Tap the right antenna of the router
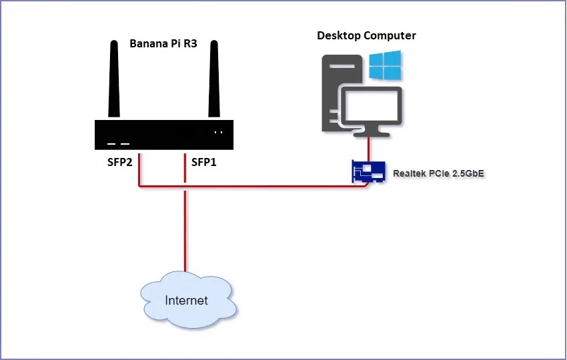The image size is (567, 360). click(214, 80)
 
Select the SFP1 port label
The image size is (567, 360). click(204, 162)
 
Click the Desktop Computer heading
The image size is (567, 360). click(366, 35)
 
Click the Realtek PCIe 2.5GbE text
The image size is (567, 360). click(438, 173)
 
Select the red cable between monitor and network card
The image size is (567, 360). click(370, 148)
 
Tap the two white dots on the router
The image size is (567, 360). click(218, 132)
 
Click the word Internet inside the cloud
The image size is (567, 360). click(187, 301)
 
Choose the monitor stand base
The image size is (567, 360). click(371, 133)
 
